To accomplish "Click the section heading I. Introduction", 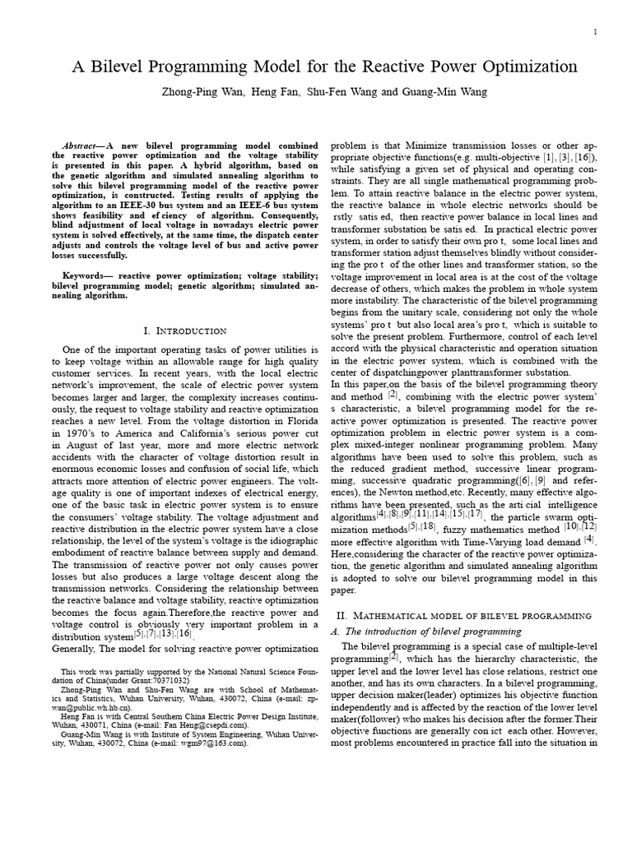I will [x=185, y=331].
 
